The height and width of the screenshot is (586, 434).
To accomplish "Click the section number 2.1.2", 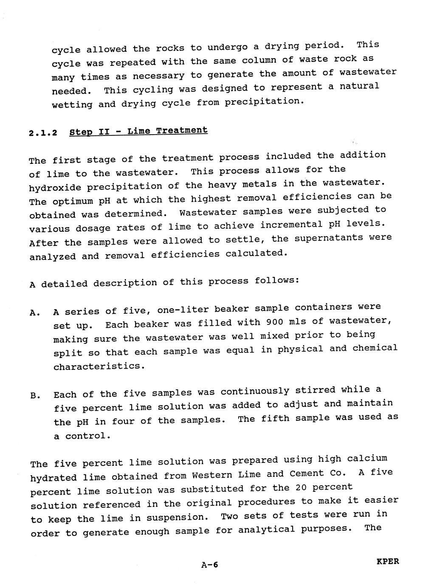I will (43, 133).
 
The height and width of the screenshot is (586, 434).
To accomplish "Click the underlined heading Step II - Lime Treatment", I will (138, 131).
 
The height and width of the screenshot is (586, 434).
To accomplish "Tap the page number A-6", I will (209, 565).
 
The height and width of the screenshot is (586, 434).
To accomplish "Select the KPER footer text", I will (388, 561).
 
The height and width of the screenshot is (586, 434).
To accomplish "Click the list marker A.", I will (35, 313).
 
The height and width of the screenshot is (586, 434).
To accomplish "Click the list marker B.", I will (35, 396).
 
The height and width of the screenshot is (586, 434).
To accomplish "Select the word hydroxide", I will (52, 187).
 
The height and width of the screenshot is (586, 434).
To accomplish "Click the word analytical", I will (266, 530).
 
